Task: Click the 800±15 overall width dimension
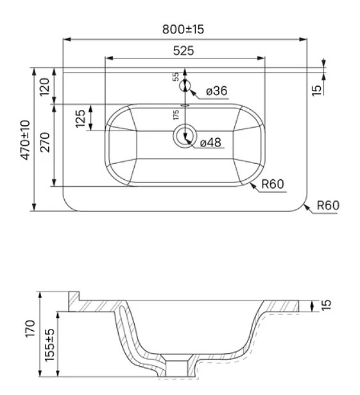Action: (x=183, y=29)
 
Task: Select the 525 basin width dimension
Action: (x=184, y=51)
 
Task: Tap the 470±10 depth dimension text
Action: (x=25, y=140)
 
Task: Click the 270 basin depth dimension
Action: (x=46, y=142)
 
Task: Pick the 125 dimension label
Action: (x=81, y=118)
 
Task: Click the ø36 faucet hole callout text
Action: (x=217, y=91)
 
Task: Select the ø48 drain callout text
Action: (x=210, y=143)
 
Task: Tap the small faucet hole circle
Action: (x=185, y=86)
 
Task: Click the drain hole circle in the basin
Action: (x=185, y=137)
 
